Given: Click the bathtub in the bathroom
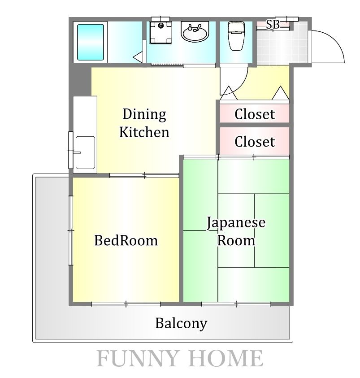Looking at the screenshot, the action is coord(91,42).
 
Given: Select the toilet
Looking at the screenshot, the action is coord(236,36).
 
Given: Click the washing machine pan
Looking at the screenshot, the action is coord(161,33).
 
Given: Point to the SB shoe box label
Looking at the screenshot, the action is coord(273,24).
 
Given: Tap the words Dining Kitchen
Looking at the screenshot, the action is coord(144,123).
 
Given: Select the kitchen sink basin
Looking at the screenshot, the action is coord(85,152).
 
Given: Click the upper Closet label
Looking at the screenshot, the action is coord(255,114).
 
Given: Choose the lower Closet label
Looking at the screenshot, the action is coord(255,142).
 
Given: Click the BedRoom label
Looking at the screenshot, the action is coord(126,240).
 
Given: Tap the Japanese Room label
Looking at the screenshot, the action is coord(236,231).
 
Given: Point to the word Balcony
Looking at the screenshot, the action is coord(181,323).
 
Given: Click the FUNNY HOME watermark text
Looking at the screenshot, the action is coord(180,358).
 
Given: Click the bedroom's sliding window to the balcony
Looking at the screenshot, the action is coord(126,304).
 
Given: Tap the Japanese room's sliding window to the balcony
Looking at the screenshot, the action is coord(236,304).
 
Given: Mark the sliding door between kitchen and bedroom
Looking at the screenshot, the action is coord(144,175).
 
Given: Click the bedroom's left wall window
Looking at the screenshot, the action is coord(71,230).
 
